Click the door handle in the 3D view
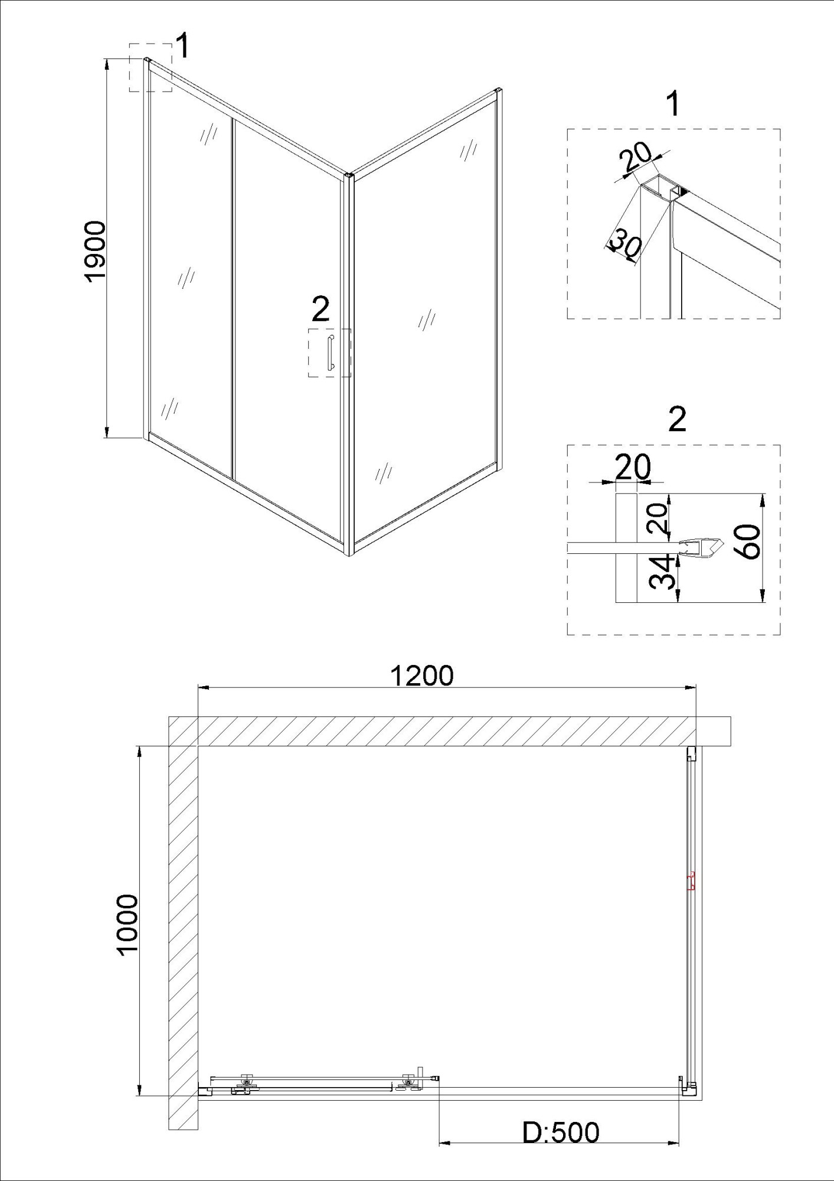tap(331, 353)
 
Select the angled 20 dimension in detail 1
tap(636, 156)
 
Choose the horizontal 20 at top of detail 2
tap(633, 467)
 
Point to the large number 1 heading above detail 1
tap(672, 104)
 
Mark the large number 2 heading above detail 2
tap(677, 420)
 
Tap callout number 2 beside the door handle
tap(320, 309)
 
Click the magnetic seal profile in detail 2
tap(701, 547)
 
